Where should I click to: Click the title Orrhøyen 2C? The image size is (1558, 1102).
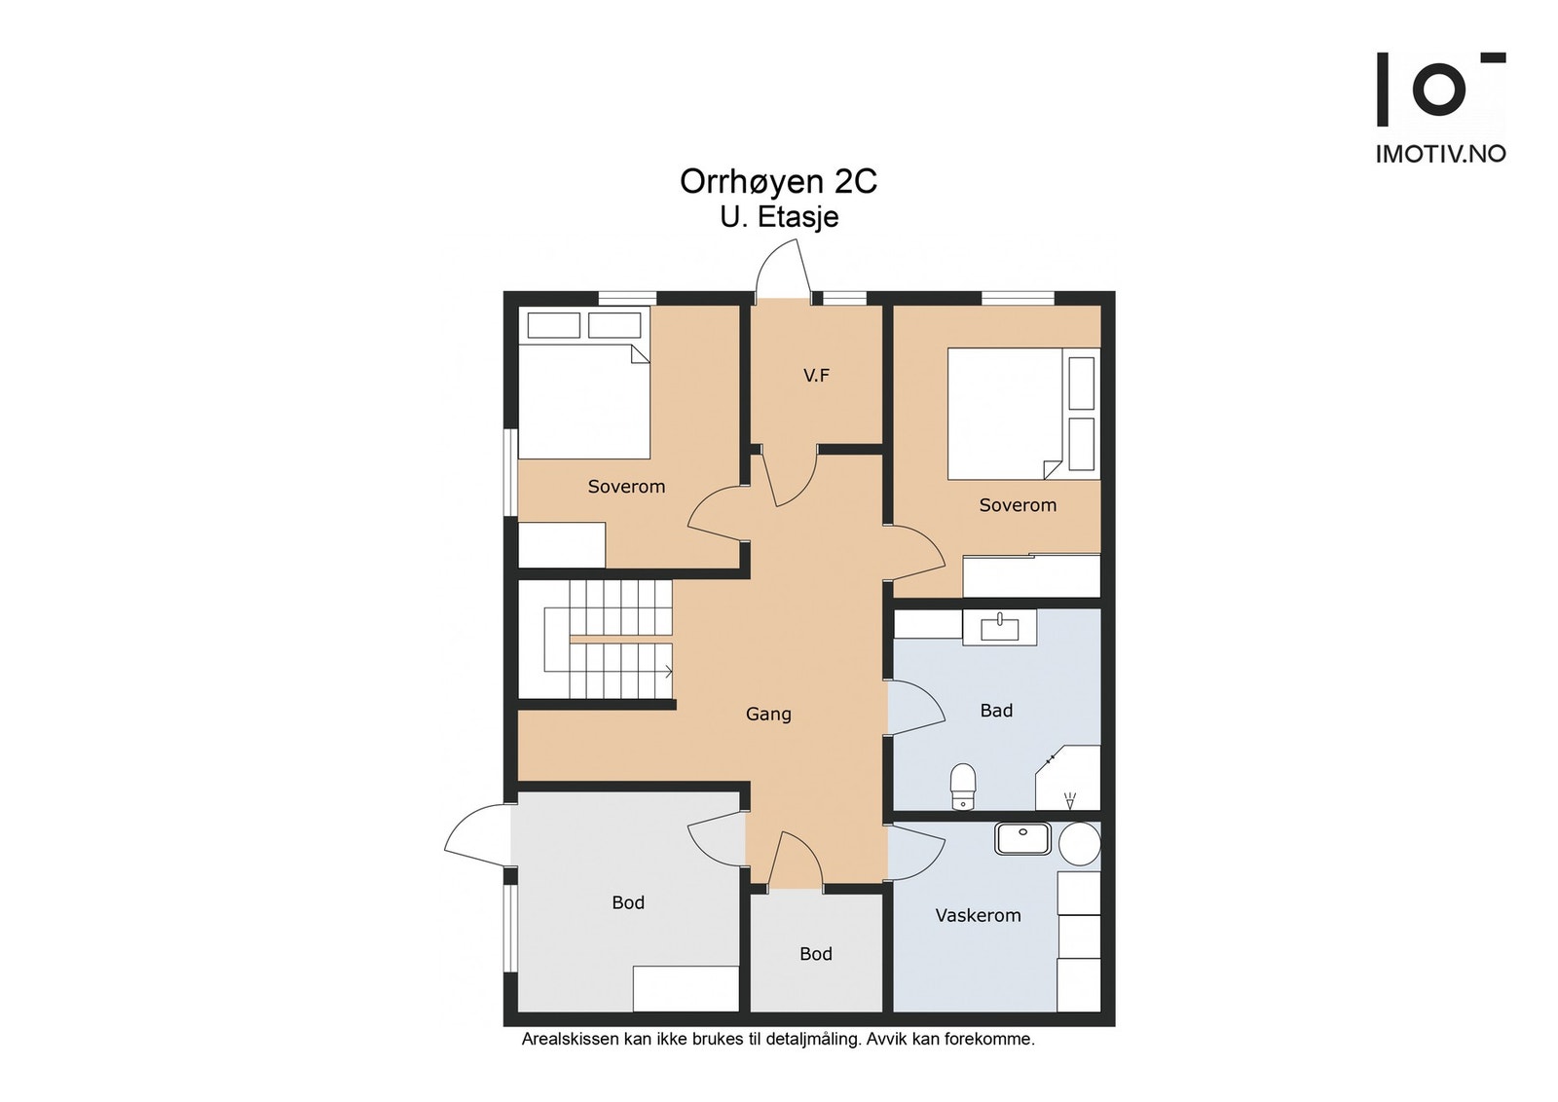coord(778,181)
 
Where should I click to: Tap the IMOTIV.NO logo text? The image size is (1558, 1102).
coord(1441,154)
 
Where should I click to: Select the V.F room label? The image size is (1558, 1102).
coord(817,376)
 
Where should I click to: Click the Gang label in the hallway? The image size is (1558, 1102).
coord(768,714)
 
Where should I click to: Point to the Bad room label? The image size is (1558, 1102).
coord(996,710)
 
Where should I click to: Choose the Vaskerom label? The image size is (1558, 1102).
coord(978,915)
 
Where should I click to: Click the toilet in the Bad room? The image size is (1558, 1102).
coord(963,787)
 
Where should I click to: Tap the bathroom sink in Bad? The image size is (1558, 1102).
coord(999,628)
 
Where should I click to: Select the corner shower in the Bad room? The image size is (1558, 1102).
coord(1068,778)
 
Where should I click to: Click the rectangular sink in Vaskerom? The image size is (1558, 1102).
coord(1022,838)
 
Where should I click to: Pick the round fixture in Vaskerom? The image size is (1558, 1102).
coord(1080,845)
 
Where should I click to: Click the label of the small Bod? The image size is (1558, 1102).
coord(816,953)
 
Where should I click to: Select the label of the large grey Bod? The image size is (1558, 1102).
coord(628,902)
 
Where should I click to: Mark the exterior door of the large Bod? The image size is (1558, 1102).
coord(479,835)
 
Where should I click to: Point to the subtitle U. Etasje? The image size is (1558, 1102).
coord(780,217)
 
